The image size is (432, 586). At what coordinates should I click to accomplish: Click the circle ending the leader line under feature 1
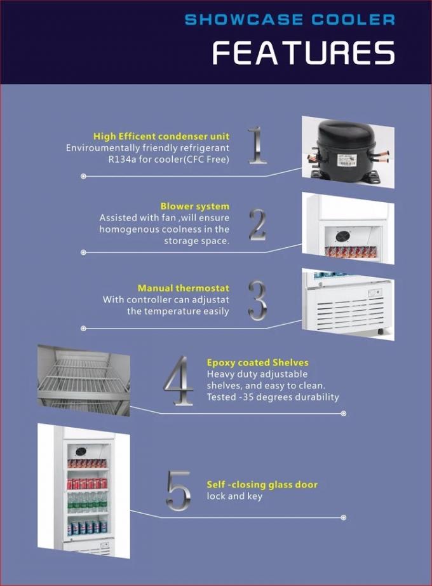83,176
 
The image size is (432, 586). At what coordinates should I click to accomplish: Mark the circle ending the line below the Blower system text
83,252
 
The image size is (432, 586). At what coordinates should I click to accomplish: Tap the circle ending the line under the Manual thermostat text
83,329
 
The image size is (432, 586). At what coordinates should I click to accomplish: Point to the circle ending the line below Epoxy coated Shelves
344,413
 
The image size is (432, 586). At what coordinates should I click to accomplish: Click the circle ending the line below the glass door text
344,517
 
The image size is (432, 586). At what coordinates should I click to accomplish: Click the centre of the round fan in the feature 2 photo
342,236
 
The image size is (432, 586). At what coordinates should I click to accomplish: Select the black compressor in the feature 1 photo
346,151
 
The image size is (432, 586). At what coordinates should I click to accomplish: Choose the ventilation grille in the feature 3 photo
349,313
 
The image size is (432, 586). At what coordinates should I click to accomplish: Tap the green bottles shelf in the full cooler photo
88,502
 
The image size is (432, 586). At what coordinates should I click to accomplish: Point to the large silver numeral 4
179,381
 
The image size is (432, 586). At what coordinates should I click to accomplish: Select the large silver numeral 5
179,491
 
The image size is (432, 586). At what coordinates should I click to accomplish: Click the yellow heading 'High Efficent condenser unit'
161,137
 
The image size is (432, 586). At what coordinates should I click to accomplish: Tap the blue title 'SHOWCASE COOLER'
290,20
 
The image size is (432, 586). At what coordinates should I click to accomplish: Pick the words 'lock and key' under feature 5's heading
234,496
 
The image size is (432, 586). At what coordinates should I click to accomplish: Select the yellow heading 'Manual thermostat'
184,288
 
